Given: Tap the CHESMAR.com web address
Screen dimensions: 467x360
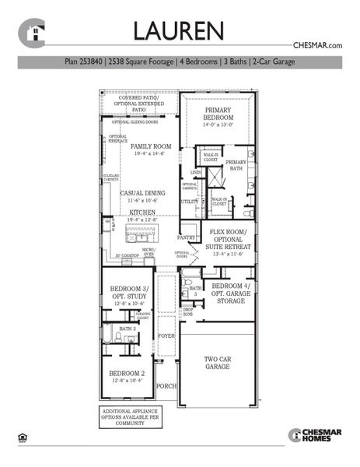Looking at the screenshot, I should [317, 46].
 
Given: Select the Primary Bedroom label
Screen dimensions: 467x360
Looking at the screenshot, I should [218, 117].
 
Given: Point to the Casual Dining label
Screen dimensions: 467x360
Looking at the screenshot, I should [141, 196].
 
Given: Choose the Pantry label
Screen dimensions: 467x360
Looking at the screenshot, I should [187, 237].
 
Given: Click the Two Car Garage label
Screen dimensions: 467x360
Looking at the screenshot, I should [217, 364].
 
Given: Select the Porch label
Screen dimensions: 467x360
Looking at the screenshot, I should [166, 386].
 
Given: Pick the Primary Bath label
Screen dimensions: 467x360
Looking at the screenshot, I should [236, 165].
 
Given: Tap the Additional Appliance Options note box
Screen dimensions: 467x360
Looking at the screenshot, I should [124, 416].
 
